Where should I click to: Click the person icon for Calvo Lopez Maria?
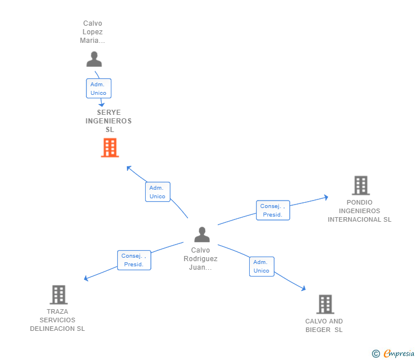tap(94, 59)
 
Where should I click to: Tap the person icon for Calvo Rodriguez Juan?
tap(202, 234)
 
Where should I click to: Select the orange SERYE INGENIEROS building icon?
tap(110, 147)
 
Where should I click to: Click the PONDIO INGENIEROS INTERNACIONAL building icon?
tap(361, 185)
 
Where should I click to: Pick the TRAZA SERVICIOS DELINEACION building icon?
tap(58, 294)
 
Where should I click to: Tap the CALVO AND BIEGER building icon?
tap(325, 304)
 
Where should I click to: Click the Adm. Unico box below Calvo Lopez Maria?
tap(98, 89)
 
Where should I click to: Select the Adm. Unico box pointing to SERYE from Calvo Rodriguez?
tap(157, 192)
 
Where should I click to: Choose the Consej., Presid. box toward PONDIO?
tap(273, 210)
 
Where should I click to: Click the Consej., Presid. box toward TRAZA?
tap(134, 260)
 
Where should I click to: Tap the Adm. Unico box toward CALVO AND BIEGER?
tap(261, 266)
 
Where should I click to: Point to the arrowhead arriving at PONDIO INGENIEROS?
tap(326, 198)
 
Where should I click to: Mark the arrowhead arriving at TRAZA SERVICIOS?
tap(86, 278)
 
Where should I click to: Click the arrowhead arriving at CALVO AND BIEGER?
tap(303, 289)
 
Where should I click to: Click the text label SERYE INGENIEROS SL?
tap(109, 121)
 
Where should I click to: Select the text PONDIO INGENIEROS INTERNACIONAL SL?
tap(359, 211)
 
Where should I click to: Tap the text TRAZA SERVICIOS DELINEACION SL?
tap(57, 320)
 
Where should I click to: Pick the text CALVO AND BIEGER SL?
tap(324, 325)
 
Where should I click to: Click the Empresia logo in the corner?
tap(398, 354)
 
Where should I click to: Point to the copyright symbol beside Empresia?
tap(376, 354)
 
